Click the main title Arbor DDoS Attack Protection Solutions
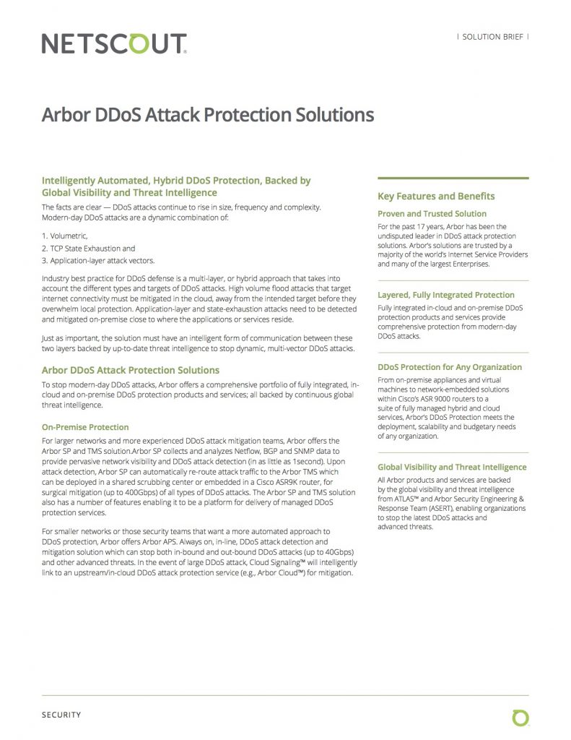208,115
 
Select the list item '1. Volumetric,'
64,236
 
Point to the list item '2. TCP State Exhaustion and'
88,248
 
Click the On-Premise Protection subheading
85,427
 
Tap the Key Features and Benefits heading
436,196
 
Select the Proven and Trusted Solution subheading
432,214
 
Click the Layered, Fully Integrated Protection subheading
445,295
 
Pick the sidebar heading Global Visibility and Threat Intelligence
452,467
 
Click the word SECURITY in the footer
61,715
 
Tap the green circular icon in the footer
520,717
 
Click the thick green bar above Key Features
453,178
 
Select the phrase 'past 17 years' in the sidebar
420,227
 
